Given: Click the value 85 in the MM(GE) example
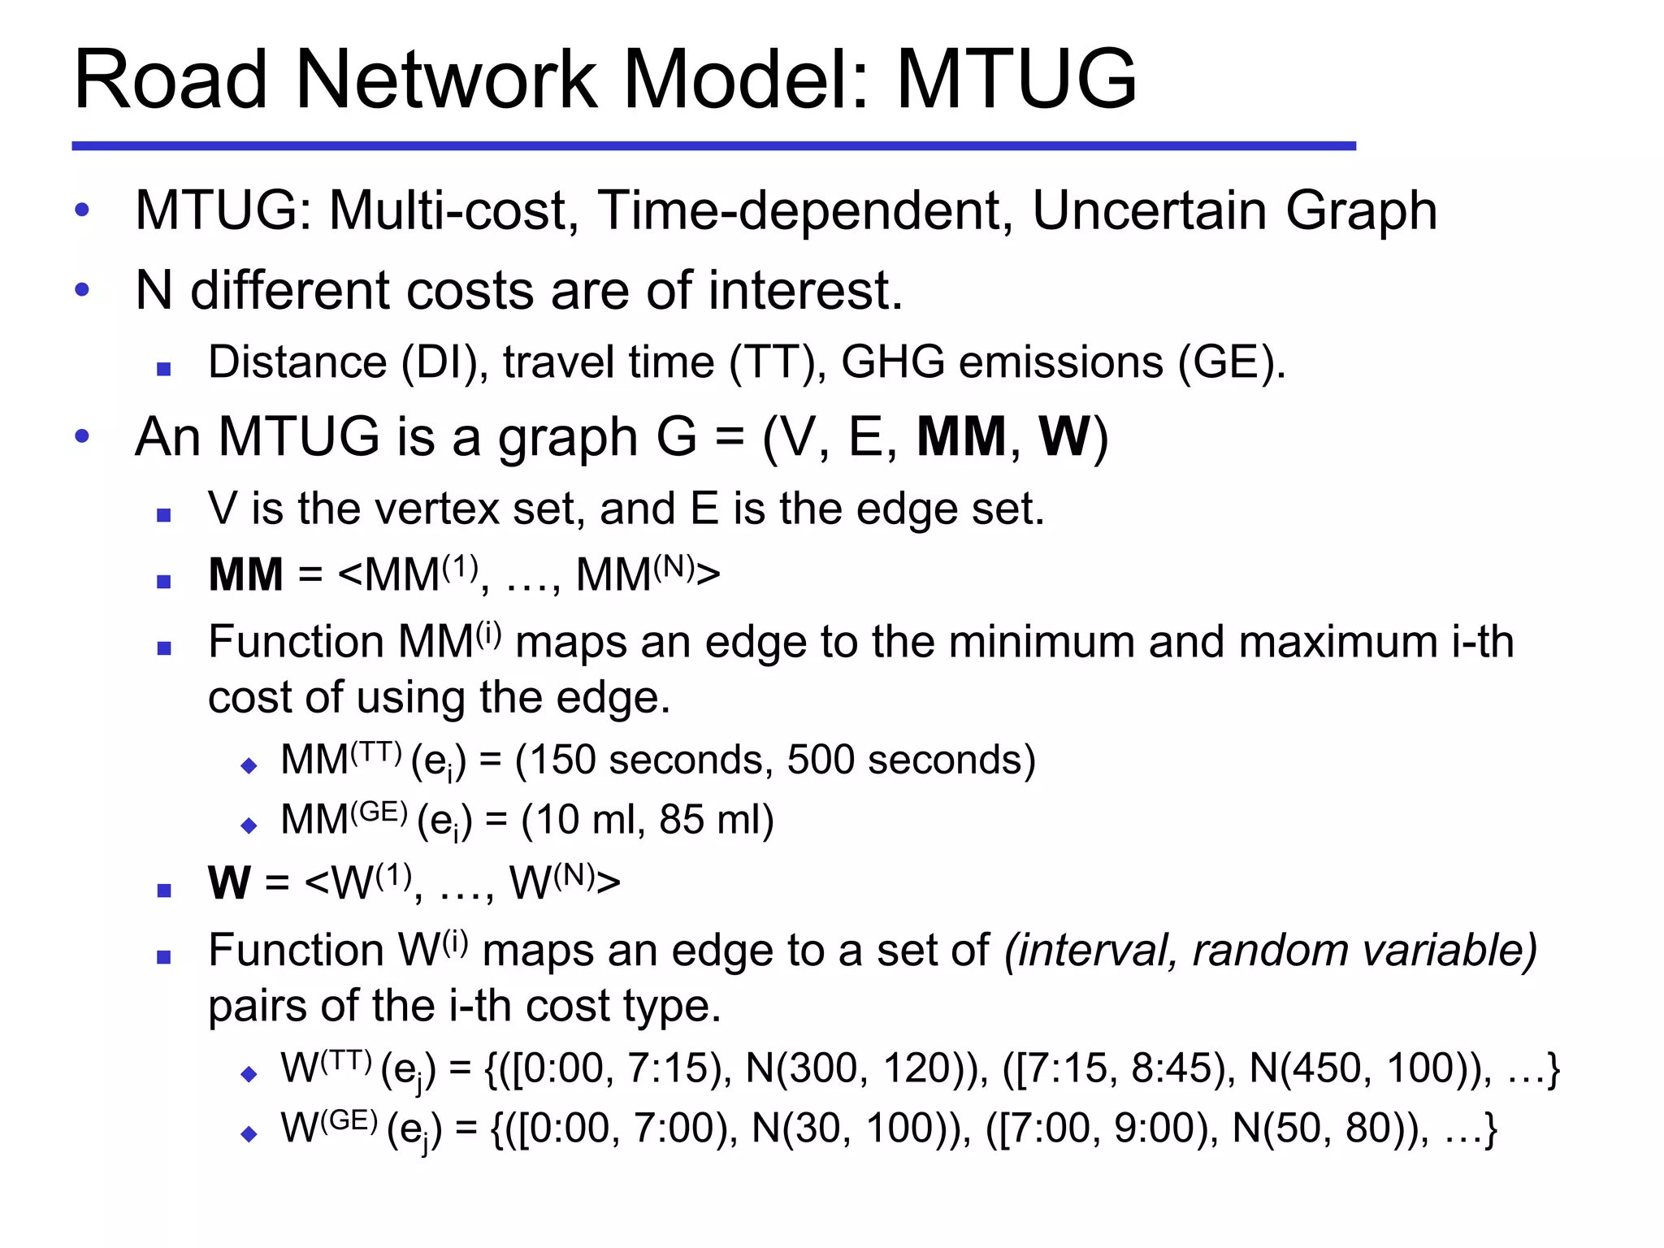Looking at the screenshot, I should pos(681,820).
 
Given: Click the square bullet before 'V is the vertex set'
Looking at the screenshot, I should pos(164,515).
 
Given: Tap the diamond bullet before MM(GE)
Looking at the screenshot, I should pos(249,826).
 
